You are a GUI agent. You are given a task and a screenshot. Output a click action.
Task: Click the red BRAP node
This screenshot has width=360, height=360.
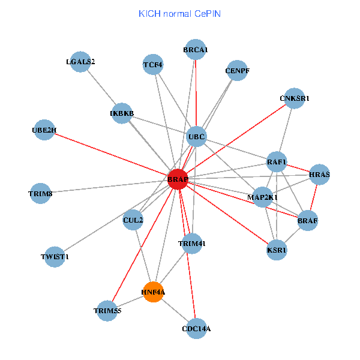point(178,179)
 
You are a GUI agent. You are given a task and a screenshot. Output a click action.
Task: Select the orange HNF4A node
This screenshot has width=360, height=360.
point(153,292)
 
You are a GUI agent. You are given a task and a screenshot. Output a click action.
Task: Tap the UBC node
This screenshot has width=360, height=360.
point(196,137)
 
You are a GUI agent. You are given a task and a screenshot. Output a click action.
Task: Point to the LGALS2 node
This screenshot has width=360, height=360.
point(80,62)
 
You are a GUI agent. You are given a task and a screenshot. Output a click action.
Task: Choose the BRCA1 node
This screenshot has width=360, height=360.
point(196,50)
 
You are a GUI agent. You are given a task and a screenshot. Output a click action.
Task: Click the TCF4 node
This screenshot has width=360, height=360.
point(153,64)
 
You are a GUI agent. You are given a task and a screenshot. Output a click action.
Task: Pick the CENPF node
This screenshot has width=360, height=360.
point(237,71)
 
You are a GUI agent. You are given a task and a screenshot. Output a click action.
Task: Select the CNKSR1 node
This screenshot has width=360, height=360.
point(295,98)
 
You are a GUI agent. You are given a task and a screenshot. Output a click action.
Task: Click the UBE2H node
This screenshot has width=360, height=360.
point(44,130)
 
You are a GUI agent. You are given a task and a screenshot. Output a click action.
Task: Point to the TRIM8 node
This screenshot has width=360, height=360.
point(40,193)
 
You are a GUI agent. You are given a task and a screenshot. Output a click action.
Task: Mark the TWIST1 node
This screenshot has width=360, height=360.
point(55,257)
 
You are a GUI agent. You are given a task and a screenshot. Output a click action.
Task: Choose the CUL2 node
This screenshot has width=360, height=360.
point(133,220)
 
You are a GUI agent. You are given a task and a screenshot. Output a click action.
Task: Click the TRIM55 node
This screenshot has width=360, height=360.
point(107,311)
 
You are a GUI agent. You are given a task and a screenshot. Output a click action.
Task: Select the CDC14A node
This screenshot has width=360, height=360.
point(196,328)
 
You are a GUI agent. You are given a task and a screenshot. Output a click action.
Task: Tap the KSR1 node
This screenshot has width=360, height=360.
point(277,250)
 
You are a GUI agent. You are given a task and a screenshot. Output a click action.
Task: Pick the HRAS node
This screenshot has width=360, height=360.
point(320,175)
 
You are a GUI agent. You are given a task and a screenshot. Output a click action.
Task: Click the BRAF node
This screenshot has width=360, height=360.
point(307,220)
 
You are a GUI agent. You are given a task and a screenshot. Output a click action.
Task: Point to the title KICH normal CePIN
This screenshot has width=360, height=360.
point(179,13)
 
